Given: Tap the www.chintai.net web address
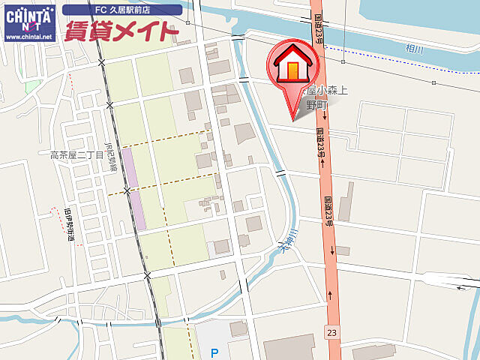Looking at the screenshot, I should (x=29, y=36).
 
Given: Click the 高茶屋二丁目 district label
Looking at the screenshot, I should (x=76, y=155).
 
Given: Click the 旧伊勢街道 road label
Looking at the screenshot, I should (x=68, y=224).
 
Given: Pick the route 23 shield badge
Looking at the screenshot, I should (x=332, y=331).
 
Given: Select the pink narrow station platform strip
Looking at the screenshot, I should (x=134, y=189).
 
